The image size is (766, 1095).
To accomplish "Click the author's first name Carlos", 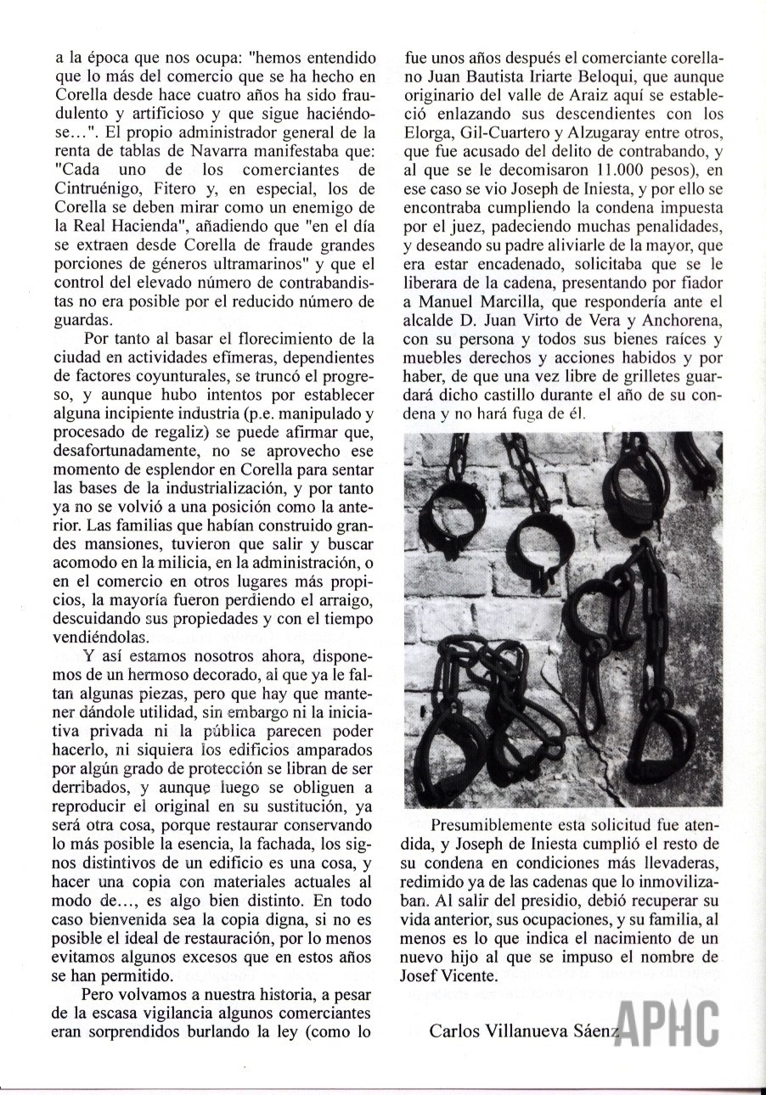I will pos(459,1031).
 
